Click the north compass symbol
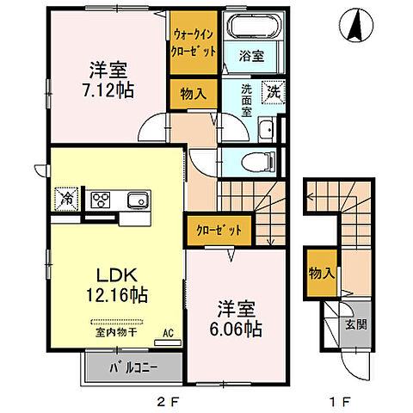click(x=356, y=25)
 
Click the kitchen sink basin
click(x=139, y=200)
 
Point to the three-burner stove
click(x=101, y=200)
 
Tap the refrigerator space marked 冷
click(x=66, y=199)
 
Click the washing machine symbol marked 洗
click(x=273, y=92)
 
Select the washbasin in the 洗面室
click(x=267, y=129)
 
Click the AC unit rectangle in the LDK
click(x=168, y=342)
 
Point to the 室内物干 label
click(x=116, y=333)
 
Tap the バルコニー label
click(x=133, y=368)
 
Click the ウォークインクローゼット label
click(x=194, y=43)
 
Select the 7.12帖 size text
click(x=108, y=90)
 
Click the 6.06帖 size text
click(x=236, y=329)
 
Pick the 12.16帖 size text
click(x=117, y=295)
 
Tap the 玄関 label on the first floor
click(x=356, y=324)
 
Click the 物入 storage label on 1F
click(x=322, y=273)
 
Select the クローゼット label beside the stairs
click(x=219, y=230)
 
